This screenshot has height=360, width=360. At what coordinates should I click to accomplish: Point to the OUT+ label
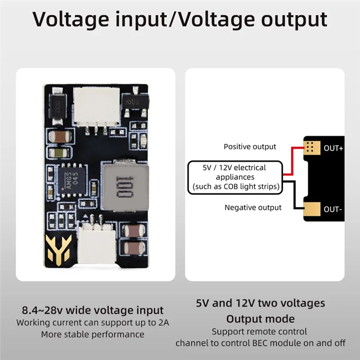pos(333,148)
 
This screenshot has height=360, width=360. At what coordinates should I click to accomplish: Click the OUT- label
pos(333,209)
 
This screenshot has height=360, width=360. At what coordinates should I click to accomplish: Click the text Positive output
pos(250,147)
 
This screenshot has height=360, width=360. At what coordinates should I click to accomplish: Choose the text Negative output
pos(253,207)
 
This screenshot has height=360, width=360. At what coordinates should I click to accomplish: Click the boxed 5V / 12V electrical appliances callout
pos(234,177)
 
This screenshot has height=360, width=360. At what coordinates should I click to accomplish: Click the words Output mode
pos(260,319)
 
